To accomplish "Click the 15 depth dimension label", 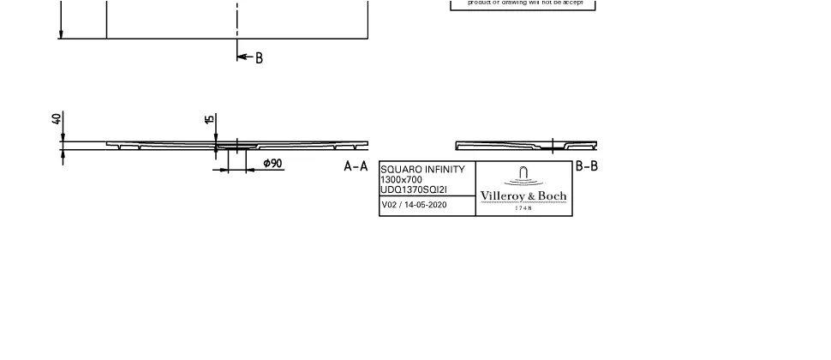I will tap(210, 119).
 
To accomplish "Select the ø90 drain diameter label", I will tap(272, 163).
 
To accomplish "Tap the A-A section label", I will tap(356, 166).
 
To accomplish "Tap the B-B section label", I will tap(586, 165).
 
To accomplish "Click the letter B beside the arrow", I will tap(259, 58).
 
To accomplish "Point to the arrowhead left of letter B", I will tap(241, 57).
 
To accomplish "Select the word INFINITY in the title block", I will tap(441, 170).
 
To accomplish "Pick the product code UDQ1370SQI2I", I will tap(414, 189).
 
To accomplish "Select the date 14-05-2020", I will tap(426, 205).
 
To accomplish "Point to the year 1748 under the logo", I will tap(523, 207).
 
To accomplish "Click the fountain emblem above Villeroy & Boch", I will tap(523, 176).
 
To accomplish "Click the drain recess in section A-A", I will tap(230, 147).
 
